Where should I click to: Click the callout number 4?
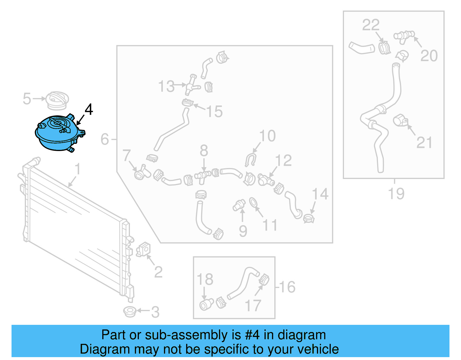click(89, 110)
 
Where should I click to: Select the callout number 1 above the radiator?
click(78, 169)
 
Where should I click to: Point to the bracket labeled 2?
click(143, 249)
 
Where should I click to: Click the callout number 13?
click(167, 86)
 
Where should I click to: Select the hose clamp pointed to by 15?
click(188, 103)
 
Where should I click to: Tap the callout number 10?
click(267, 136)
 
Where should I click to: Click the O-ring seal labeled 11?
click(253, 203)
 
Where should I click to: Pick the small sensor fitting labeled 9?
click(239, 205)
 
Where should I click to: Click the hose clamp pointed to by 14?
click(309, 219)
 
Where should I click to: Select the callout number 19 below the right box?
click(396, 194)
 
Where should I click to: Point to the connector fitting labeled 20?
click(404, 37)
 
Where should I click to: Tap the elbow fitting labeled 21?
click(400, 120)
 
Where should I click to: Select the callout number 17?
click(253, 306)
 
